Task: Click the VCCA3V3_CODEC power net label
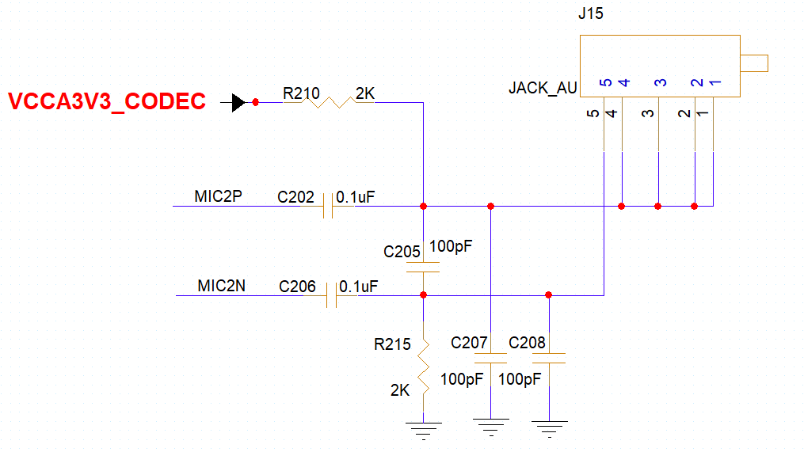click(107, 101)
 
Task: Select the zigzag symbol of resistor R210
click(329, 102)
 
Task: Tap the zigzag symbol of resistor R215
click(424, 367)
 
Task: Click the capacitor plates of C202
click(328, 206)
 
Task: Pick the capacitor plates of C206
click(331, 295)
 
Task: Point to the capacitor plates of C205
click(423, 267)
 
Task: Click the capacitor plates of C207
click(490, 359)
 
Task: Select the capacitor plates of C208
click(549, 359)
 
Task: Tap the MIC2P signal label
click(218, 196)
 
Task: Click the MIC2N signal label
click(222, 286)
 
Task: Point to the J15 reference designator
click(591, 13)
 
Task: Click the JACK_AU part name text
click(543, 88)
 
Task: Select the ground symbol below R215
click(424, 431)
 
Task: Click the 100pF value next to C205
click(451, 246)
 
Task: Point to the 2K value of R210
click(365, 93)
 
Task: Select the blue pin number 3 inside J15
click(661, 82)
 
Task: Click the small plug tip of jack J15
click(754, 63)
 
